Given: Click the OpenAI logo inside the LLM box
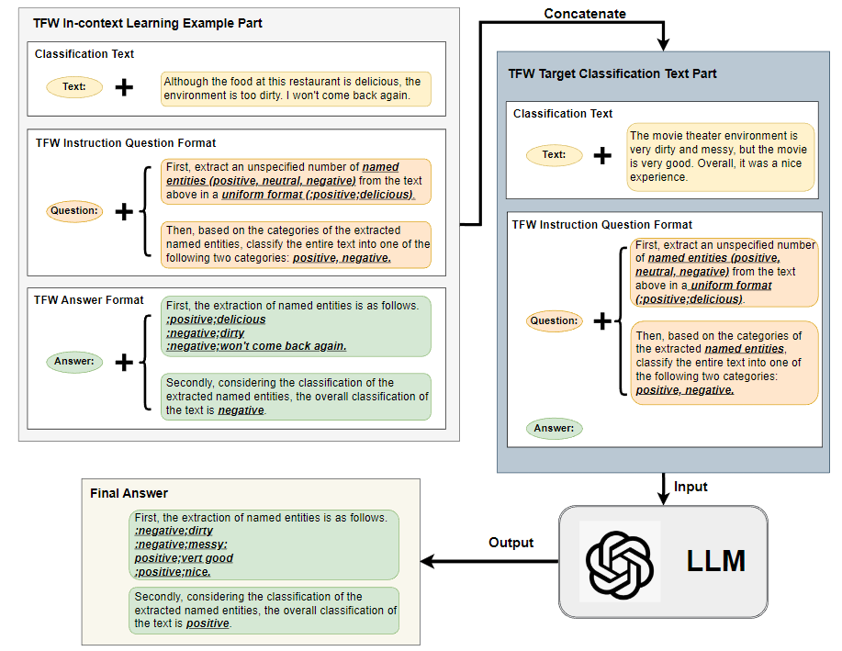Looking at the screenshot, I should pyautogui.click(x=619, y=560).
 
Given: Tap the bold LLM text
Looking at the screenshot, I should pyautogui.click(x=715, y=561).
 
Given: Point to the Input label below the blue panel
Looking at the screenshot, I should pyautogui.click(x=691, y=486).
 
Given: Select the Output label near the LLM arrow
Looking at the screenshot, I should pyautogui.click(x=511, y=543).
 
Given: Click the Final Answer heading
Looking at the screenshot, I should pyautogui.click(x=129, y=494).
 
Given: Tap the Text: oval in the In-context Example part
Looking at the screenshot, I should pyautogui.click(x=74, y=87).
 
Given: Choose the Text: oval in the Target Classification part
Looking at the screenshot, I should pyautogui.click(x=554, y=154).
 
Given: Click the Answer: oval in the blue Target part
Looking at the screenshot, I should pyautogui.click(x=554, y=428).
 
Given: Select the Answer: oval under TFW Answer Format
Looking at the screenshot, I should pyautogui.click(x=74, y=362).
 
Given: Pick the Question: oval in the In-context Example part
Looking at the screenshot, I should pyautogui.click(x=74, y=211).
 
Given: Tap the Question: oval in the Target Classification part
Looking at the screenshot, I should pyautogui.click(x=554, y=321).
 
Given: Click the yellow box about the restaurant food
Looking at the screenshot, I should pyautogui.click(x=296, y=88).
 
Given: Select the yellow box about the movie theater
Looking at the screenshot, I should pyautogui.click(x=721, y=157).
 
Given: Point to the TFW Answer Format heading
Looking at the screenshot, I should pyautogui.click(x=89, y=300).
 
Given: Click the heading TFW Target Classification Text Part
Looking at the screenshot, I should pyautogui.click(x=612, y=73).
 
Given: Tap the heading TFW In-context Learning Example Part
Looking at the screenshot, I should pyautogui.click(x=148, y=23).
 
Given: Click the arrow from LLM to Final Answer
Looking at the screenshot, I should pyautogui.click(x=487, y=560).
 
